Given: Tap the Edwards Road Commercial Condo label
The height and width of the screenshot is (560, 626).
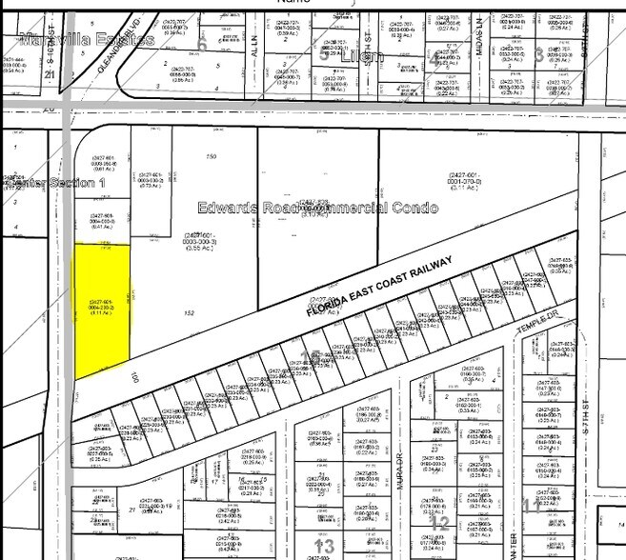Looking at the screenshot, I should click(x=317, y=208).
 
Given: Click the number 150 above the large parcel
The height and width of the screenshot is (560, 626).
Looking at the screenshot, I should click(x=211, y=155).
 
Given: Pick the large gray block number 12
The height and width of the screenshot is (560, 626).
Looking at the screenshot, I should click(x=440, y=522).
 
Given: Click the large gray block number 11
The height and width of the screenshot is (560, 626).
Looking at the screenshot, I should click(x=527, y=503).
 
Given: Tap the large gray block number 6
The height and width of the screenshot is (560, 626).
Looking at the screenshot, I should click(x=202, y=45).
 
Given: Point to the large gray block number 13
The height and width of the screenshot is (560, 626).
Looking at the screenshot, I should click(x=320, y=544).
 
